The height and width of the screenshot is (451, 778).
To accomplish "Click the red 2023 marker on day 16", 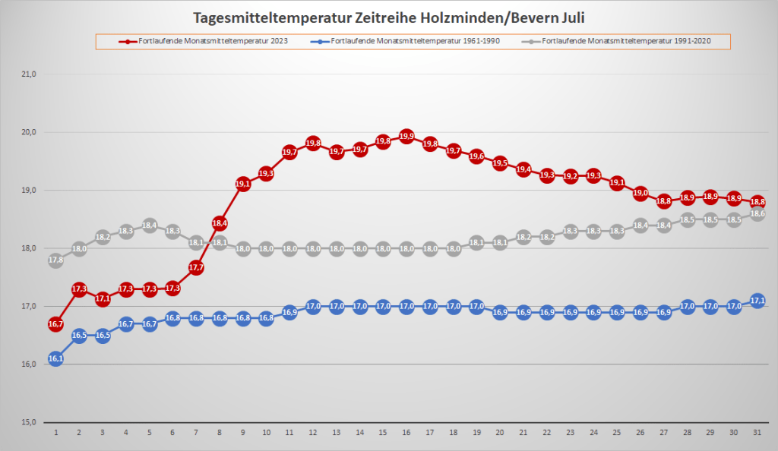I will (406, 137).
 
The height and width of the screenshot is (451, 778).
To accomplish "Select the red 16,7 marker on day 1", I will (55, 324).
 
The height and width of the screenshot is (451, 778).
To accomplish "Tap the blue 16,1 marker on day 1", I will (55, 358).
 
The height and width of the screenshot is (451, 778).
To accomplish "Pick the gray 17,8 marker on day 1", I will (55, 260).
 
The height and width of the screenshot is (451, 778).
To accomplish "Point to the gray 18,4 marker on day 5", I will (149, 225).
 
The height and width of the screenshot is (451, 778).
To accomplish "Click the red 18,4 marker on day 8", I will (220, 223).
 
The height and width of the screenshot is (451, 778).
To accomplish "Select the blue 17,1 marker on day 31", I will (757, 301).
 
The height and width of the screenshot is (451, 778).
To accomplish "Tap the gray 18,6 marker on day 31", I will (757, 214).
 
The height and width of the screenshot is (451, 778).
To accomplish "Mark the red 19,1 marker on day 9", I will (243, 184).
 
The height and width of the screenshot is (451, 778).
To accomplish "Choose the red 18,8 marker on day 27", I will (664, 201).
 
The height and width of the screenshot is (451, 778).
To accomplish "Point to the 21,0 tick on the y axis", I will (29, 74).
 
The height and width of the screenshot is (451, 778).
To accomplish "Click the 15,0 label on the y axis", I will (29, 422).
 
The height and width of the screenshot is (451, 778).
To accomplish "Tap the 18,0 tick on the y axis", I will (29, 248).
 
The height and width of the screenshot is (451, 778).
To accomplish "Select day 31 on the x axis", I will (757, 432).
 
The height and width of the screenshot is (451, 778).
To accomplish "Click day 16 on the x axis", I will (406, 432).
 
